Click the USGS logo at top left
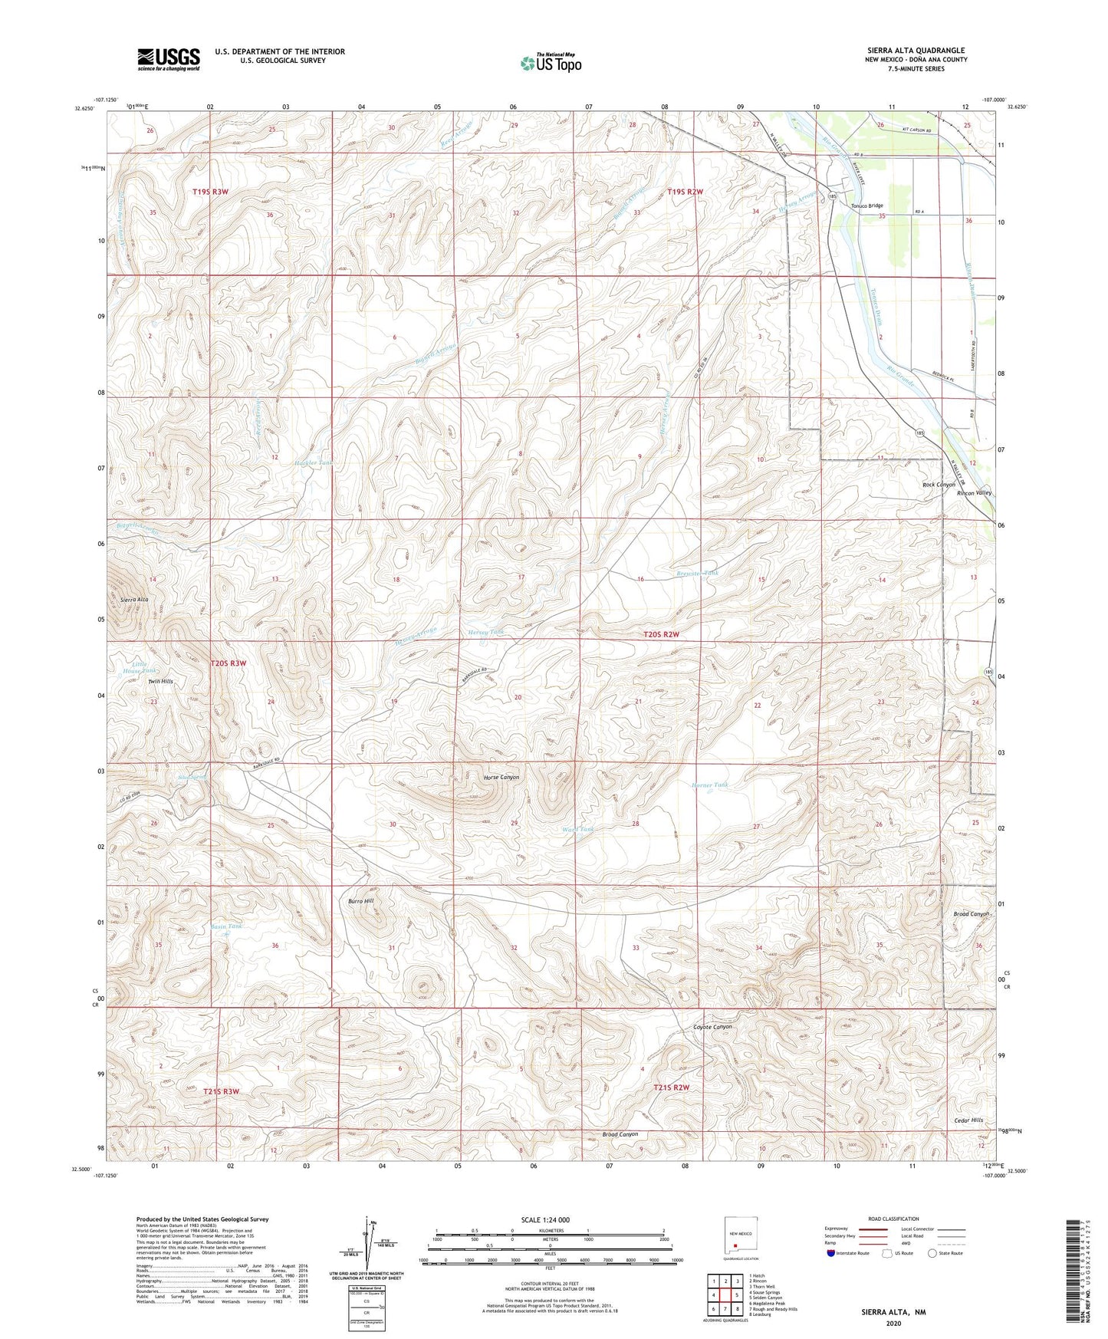(168, 59)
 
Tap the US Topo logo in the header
(551, 63)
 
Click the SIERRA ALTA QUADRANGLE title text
(916, 50)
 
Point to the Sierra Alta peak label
(135, 599)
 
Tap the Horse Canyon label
(501, 777)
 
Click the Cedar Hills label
(968, 1120)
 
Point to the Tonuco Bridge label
(866, 206)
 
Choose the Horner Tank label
(709, 785)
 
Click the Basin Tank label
(226, 926)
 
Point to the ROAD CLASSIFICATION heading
(893, 1219)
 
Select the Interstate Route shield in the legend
(831, 1253)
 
